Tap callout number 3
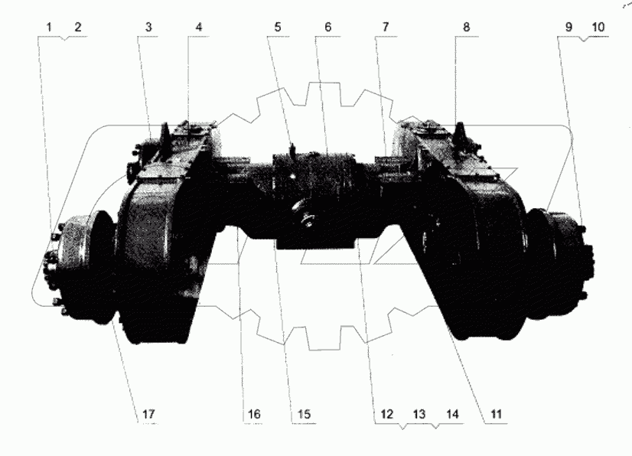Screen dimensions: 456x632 tap(148, 27)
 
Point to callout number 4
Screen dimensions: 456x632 tap(199, 27)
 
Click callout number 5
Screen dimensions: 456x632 tap(278, 27)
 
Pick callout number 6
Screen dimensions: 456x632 tap(327, 27)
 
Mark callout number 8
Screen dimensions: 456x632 tap(466, 27)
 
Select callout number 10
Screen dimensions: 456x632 tap(597, 27)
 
